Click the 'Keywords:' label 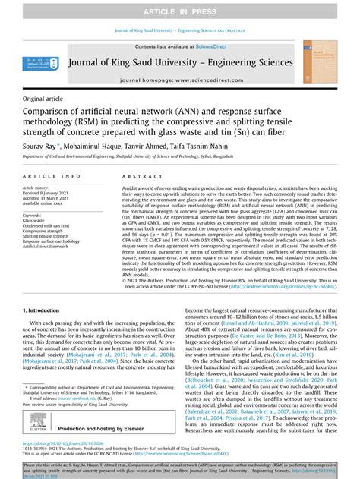(x=33, y=215)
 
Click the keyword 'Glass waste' (x=35, y=220)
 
